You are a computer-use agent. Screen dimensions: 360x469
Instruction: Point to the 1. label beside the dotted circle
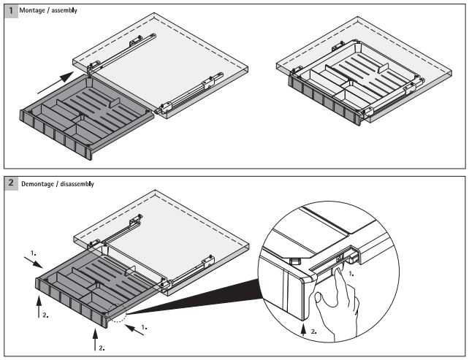145,328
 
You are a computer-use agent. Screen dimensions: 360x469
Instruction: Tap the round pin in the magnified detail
294,259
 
